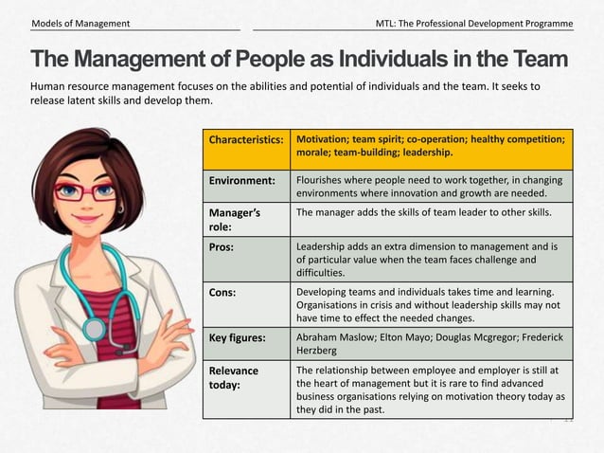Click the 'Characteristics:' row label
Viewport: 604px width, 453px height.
click(245, 139)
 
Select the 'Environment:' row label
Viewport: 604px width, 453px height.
click(242, 180)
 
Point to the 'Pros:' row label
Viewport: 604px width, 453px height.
click(223, 246)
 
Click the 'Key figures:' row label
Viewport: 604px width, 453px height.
click(243, 336)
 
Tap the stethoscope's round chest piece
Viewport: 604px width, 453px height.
click(95, 329)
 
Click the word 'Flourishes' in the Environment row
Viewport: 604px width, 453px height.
click(324, 180)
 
